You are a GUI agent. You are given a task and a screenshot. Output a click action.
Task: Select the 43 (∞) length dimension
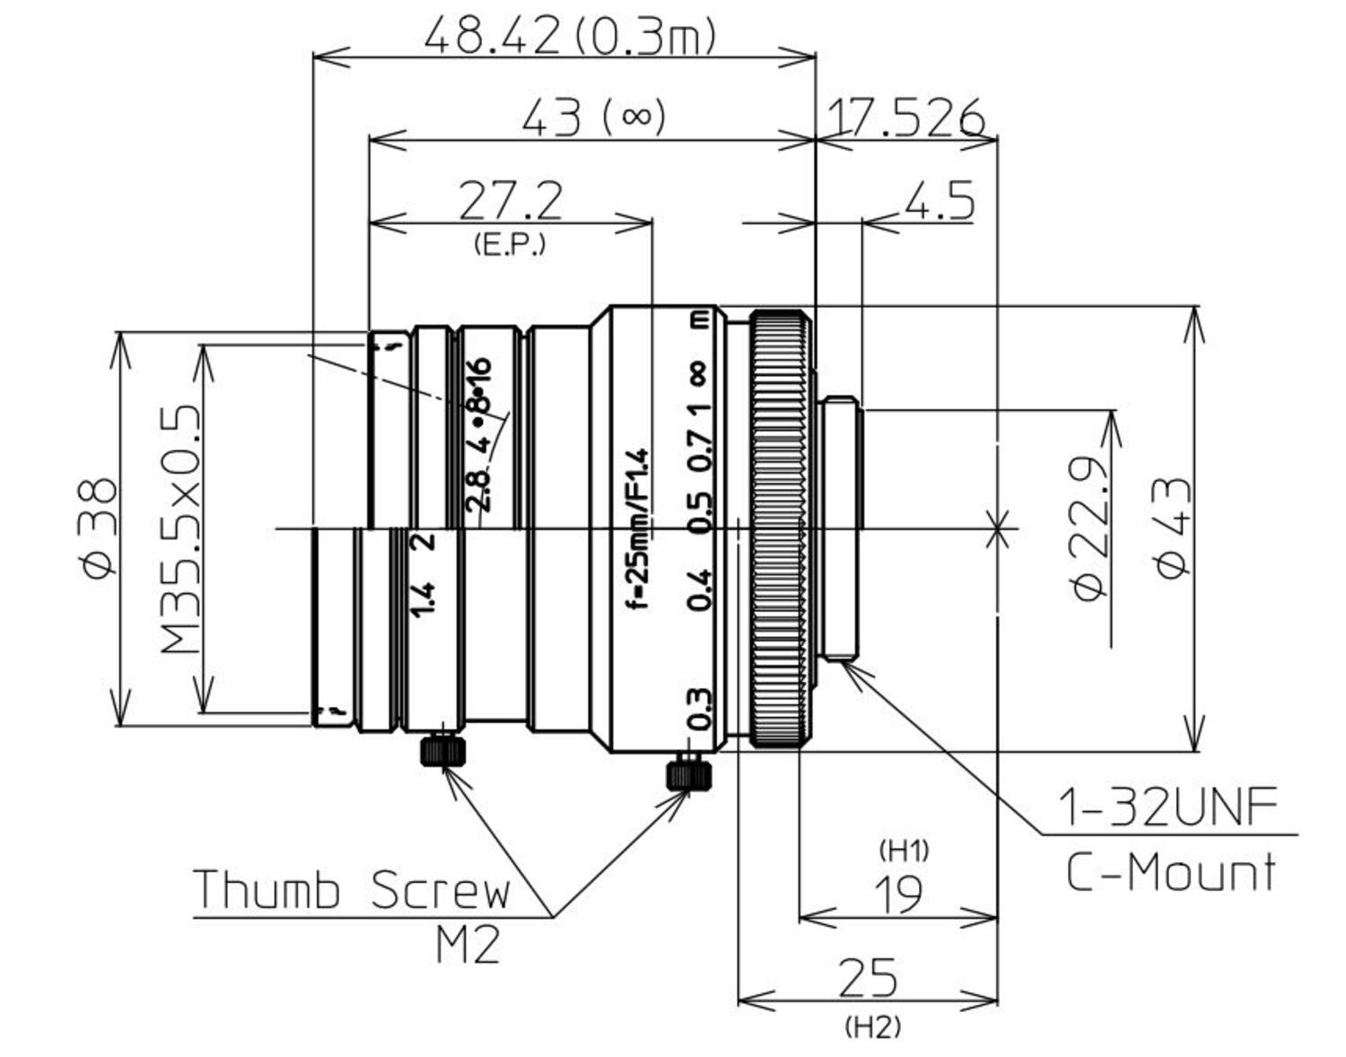[x=593, y=118]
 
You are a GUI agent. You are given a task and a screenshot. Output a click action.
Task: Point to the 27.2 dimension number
[x=511, y=201]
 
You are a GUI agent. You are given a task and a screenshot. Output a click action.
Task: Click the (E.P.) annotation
[x=509, y=244]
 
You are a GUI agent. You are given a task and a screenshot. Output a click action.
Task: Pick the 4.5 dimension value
[x=939, y=201]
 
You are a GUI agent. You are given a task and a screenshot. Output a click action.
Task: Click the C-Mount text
[x=1170, y=871]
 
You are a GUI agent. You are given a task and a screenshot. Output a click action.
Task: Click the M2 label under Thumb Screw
[x=468, y=945]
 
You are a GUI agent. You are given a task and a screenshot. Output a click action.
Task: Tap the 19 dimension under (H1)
[x=898, y=894]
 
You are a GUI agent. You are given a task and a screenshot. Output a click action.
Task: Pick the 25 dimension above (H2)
[x=868, y=978]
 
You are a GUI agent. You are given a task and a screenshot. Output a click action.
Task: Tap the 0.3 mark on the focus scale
[x=699, y=709]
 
